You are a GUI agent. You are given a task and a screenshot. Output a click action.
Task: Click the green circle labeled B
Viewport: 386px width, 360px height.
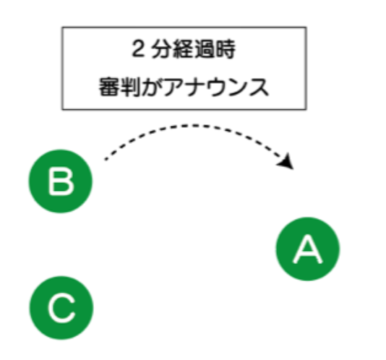click(x=61, y=181)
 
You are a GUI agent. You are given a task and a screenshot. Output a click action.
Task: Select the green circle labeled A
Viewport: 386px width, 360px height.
click(x=308, y=249)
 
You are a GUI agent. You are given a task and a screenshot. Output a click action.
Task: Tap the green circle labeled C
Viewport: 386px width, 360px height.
click(x=61, y=308)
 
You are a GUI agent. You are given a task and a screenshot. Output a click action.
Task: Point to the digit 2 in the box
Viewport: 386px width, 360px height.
click(x=138, y=48)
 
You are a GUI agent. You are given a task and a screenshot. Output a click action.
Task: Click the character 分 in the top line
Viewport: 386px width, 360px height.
click(x=161, y=48)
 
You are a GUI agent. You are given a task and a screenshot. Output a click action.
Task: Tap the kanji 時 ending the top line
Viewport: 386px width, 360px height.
click(x=226, y=48)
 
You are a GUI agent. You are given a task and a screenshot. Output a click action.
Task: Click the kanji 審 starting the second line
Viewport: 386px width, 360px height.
click(x=109, y=87)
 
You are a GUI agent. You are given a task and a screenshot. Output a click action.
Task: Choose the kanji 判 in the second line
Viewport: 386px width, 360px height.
click(x=130, y=87)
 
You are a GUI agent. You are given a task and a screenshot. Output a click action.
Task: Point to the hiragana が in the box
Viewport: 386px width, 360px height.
click(x=152, y=87)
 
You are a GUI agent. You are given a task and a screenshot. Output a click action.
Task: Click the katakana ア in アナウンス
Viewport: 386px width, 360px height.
click(x=173, y=87)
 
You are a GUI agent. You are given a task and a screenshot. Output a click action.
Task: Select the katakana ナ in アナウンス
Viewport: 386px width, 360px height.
click(x=194, y=87)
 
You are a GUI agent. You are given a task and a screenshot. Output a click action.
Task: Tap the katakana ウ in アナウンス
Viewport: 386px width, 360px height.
click(x=216, y=87)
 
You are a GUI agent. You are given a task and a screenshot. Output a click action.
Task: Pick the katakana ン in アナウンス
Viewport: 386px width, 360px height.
click(x=237, y=87)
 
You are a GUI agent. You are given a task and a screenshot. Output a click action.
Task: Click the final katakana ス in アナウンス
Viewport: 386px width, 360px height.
click(x=259, y=87)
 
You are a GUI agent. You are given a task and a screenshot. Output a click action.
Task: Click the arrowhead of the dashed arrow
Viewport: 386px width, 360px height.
click(x=287, y=162)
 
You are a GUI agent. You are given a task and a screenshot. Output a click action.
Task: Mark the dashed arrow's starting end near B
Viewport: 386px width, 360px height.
click(x=106, y=160)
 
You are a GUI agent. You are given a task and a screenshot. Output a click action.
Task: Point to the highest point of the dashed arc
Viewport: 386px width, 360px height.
click(x=194, y=126)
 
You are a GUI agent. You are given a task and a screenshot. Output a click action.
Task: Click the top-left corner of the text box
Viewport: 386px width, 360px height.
click(x=62, y=27)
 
